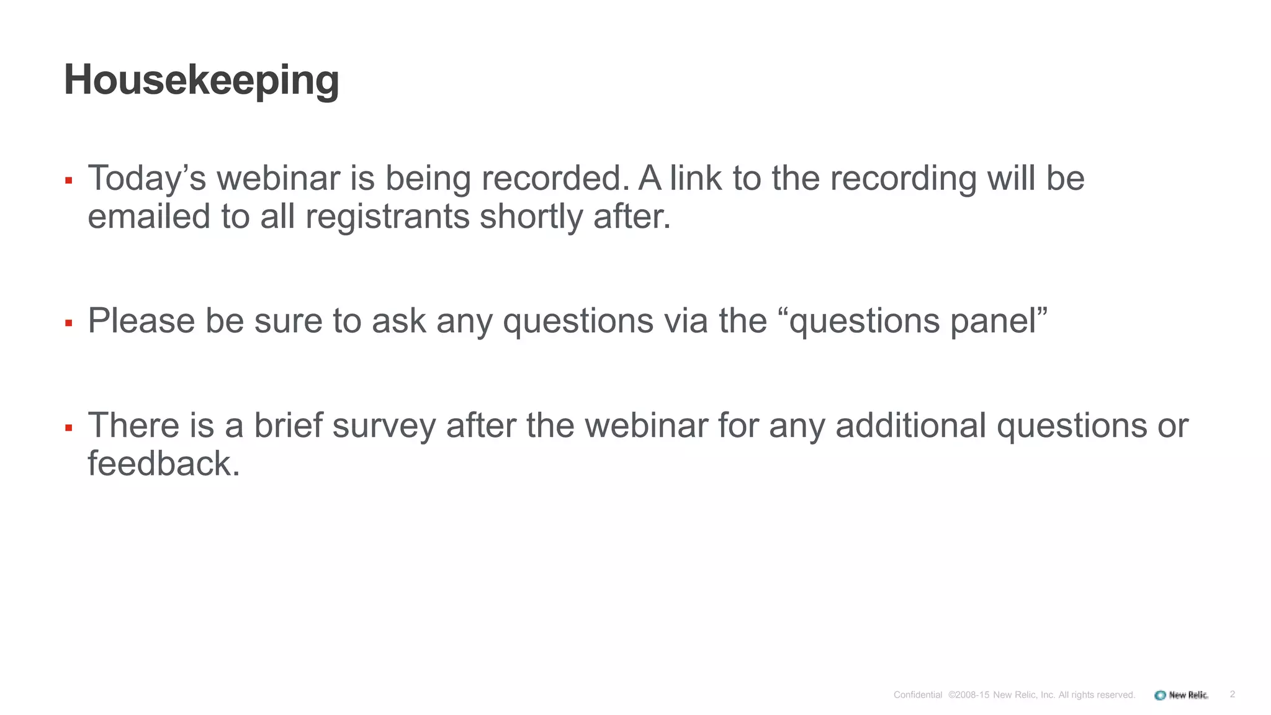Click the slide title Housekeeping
[202, 80]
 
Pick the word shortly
[531, 218]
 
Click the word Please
[141, 321]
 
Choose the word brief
[288, 425]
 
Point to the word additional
[910, 425]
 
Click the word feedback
[163, 464]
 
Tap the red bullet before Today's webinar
[69, 181]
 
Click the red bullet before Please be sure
[69, 323]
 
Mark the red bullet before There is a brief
[69, 428]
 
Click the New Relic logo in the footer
[1181, 695]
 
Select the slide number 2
[1232, 695]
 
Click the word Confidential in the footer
[918, 695]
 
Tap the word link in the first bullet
[695, 178]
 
